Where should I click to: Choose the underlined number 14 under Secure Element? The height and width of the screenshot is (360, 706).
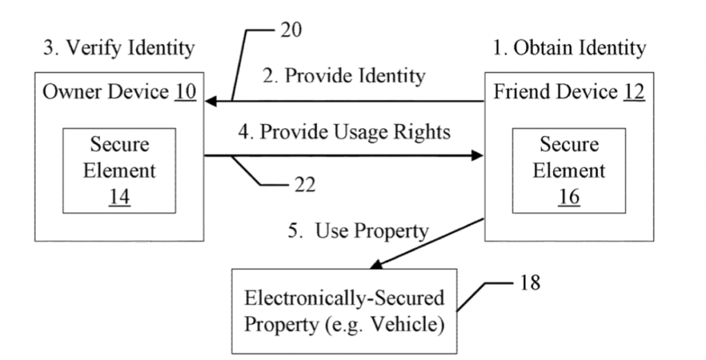tap(119, 196)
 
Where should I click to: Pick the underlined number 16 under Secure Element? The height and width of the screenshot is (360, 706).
tap(569, 196)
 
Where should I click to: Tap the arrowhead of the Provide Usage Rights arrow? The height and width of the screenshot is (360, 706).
tap(477, 156)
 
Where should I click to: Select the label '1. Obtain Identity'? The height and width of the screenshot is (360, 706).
tap(570, 49)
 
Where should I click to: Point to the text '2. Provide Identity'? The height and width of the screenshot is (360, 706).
tap(345, 76)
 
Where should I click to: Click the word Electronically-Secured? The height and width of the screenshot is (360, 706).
tap(345, 299)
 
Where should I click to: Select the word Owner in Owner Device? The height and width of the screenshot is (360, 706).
tap(67, 92)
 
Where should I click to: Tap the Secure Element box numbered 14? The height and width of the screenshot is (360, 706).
tap(119, 170)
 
